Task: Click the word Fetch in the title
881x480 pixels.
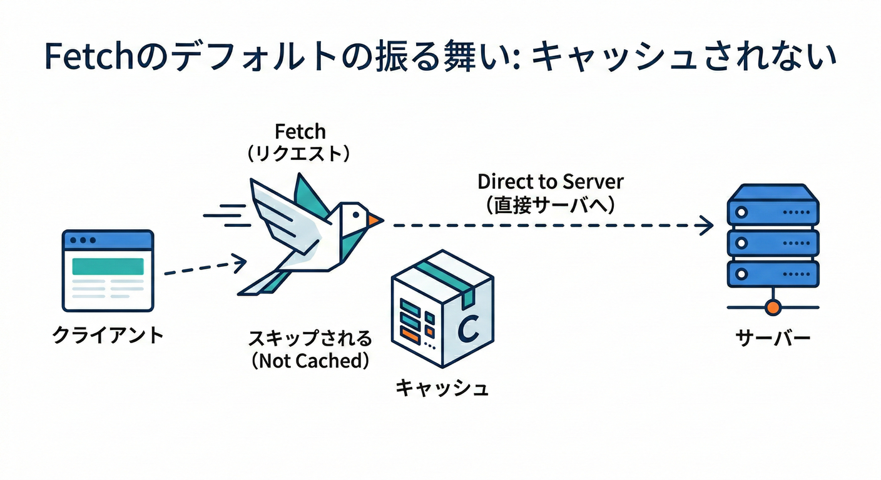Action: click(81, 57)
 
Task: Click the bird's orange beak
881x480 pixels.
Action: click(374, 219)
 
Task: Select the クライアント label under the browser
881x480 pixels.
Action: click(108, 336)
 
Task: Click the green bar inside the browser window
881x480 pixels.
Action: click(108, 266)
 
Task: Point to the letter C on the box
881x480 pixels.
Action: click(468, 329)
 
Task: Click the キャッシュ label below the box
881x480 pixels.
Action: click(442, 388)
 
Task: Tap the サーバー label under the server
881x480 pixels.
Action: click(773, 339)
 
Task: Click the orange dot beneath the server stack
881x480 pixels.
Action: click(773, 307)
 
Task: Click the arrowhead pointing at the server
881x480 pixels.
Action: click(707, 225)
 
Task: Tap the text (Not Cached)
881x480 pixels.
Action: click(309, 361)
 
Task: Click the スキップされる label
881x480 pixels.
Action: click(309, 339)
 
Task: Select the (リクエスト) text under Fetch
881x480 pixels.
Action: click(300, 154)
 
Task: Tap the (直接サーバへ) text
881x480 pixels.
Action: click(551, 204)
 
